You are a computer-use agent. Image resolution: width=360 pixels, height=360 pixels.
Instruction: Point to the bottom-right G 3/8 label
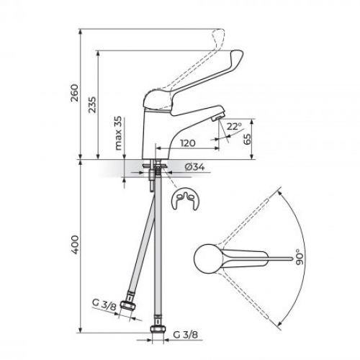tap(186, 336)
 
